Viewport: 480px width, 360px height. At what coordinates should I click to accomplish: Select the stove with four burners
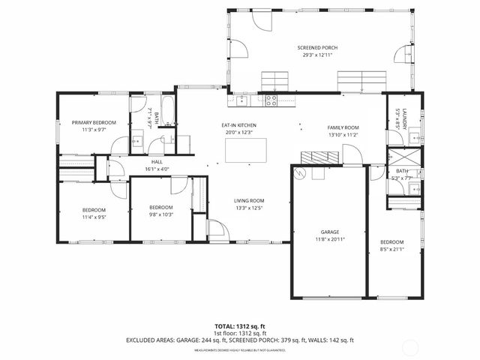(271, 100)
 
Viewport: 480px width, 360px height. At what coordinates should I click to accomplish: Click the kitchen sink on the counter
(241, 100)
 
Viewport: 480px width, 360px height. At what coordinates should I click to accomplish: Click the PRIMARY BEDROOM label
(94, 122)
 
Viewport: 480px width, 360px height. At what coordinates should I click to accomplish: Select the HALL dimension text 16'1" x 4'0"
(157, 169)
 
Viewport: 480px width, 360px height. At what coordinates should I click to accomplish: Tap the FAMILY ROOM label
(343, 127)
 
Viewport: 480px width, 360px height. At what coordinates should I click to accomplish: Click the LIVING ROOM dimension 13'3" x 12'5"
(249, 208)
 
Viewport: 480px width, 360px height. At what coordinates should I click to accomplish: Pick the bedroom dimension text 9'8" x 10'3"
(160, 214)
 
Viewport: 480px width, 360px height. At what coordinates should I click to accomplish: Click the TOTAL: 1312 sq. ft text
(239, 326)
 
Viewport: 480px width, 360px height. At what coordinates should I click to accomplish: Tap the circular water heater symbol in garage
(300, 173)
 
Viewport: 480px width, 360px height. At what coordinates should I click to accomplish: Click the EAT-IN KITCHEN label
(238, 124)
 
